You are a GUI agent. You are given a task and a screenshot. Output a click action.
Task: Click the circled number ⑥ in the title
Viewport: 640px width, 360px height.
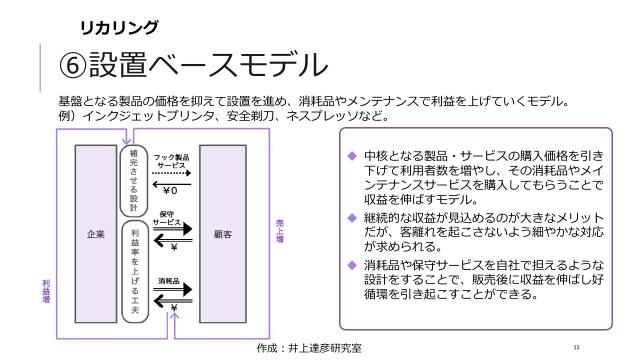(x=76, y=68)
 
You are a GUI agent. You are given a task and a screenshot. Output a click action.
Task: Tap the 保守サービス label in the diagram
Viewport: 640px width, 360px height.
(x=169, y=217)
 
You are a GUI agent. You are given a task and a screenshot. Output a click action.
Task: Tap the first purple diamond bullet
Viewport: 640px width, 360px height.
(x=351, y=156)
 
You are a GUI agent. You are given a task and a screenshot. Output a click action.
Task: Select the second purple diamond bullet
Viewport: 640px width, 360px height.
(x=351, y=217)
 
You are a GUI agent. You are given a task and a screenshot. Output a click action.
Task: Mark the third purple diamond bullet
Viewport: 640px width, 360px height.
(x=351, y=264)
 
